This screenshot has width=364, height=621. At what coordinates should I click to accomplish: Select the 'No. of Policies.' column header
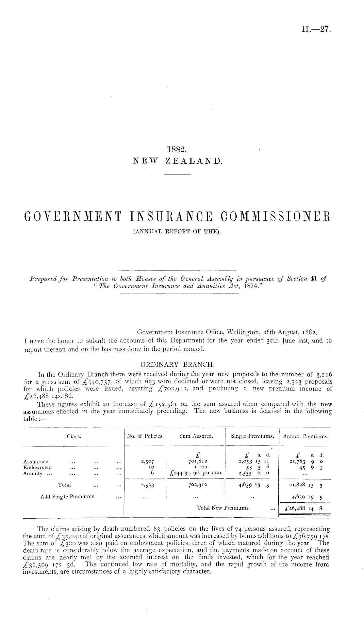(x=145, y=436)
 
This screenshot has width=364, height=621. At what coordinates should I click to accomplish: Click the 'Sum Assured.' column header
(x=196, y=436)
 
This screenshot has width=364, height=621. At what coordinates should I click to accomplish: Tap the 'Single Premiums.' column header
(x=252, y=436)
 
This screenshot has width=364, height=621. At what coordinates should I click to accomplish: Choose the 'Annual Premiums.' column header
(x=306, y=436)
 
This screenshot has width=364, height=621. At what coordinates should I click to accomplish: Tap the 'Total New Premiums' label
(x=223, y=508)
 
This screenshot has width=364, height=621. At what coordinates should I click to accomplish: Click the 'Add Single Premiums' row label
(x=67, y=496)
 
